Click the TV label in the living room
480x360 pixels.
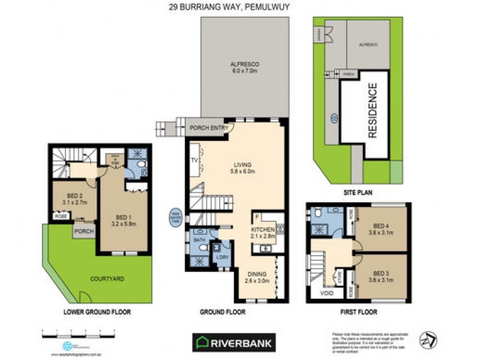click(194, 161)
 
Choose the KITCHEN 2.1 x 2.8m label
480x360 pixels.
click(262, 233)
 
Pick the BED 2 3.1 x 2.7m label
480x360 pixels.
click(76, 199)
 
